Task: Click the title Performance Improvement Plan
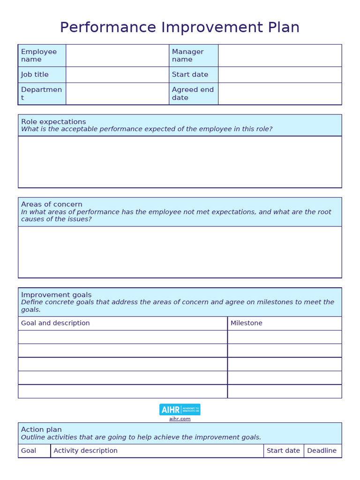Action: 180,28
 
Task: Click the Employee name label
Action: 39,55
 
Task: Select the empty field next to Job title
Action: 117,75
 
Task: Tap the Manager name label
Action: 188,55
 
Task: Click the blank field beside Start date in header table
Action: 279,75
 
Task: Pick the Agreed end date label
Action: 193,94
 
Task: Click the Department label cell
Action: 41,94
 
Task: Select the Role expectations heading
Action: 53,121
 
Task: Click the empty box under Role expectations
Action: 180,162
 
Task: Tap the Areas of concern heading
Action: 52,204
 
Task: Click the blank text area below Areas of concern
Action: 180,252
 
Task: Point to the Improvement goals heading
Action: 56,295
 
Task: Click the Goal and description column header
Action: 55,323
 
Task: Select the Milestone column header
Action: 247,323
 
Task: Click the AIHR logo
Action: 180,409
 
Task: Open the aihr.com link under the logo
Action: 180,419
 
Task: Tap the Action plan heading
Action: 41,429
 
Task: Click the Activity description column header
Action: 85,450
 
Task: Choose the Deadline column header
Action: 322,450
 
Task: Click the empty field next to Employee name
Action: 117,55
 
